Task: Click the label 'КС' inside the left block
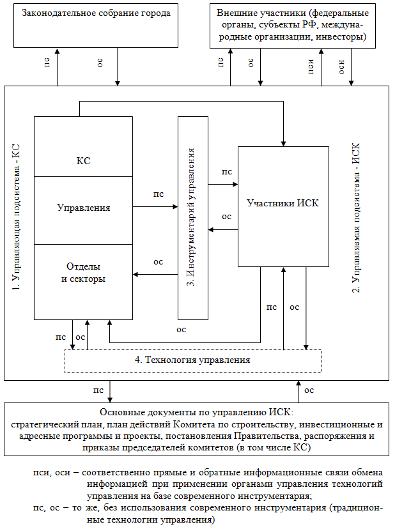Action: (83, 161)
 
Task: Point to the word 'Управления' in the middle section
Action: (83, 208)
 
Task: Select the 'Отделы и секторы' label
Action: (83, 272)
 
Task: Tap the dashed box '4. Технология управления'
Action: (192, 360)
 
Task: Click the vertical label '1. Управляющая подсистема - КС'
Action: (17, 217)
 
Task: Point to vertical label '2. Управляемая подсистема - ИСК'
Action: (357, 217)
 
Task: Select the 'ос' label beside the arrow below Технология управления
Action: (309, 390)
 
